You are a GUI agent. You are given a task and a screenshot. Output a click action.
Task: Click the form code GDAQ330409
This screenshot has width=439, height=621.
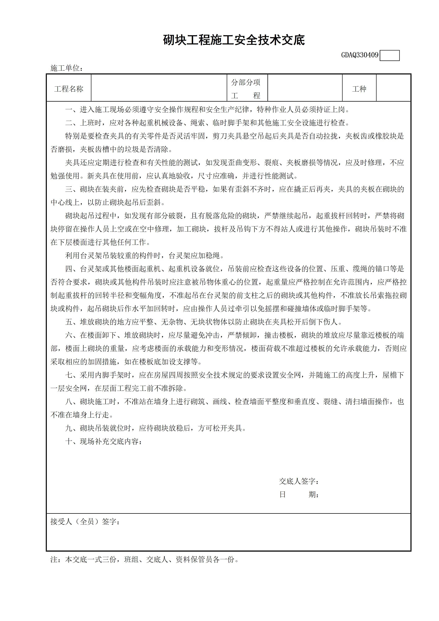pyautogui.click(x=360, y=55)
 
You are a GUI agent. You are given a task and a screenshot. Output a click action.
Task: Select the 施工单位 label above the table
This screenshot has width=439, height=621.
pyautogui.click(x=67, y=68)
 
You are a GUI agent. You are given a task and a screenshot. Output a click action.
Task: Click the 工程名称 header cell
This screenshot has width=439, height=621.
pyautogui.click(x=69, y=89)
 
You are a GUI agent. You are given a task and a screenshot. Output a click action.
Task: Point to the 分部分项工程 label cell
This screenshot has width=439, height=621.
pyautogui.click(x=246, y=89)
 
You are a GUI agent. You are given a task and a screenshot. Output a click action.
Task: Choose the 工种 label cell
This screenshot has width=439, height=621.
pyautogui.click(x=359, y=89)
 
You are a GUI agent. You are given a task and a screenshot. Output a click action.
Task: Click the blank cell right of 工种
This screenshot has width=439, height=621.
pyautogui.click(x=393, y=88)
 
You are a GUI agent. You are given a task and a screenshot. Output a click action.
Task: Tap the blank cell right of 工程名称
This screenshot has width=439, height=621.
pyautogui.click(x=159, y=88)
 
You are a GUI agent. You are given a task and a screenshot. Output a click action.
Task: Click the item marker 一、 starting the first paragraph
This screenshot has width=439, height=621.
pyautogui.click(x=72, y=110)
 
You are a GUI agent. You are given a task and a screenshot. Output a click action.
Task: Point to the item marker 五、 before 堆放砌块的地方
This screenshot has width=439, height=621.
pyautogui.click(x=72, y=322)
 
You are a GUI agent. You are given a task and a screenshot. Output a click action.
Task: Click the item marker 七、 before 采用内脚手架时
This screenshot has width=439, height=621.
pyautogui.click(x=72, y=375)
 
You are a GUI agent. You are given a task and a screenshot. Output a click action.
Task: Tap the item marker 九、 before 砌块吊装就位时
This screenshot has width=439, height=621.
pyautogui.click(x=72, y=428)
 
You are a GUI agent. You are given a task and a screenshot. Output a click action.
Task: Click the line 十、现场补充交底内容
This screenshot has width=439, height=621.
pyautogui.click(x=104, y=441)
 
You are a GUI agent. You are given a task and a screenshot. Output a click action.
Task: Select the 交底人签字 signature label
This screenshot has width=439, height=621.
pyautogui.click(x=299, y=482)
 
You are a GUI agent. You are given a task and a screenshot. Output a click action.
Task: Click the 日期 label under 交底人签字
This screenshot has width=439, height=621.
pyautogui.click(x=299, y=495)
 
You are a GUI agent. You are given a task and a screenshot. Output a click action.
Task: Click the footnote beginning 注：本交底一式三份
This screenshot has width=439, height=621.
pyautogui.click(x=144, y=559)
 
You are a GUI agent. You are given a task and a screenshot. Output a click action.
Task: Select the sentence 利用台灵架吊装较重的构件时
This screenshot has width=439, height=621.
pyautogui.click(x=144, y=255)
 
